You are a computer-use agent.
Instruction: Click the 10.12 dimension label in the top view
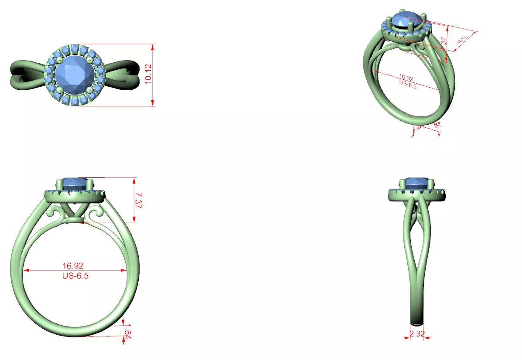click(148, 75)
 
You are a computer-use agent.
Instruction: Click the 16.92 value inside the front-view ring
click(73, 265)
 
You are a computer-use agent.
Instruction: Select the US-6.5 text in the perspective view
click(407, 86)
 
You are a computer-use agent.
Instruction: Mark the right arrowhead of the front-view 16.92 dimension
click(123, 270)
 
